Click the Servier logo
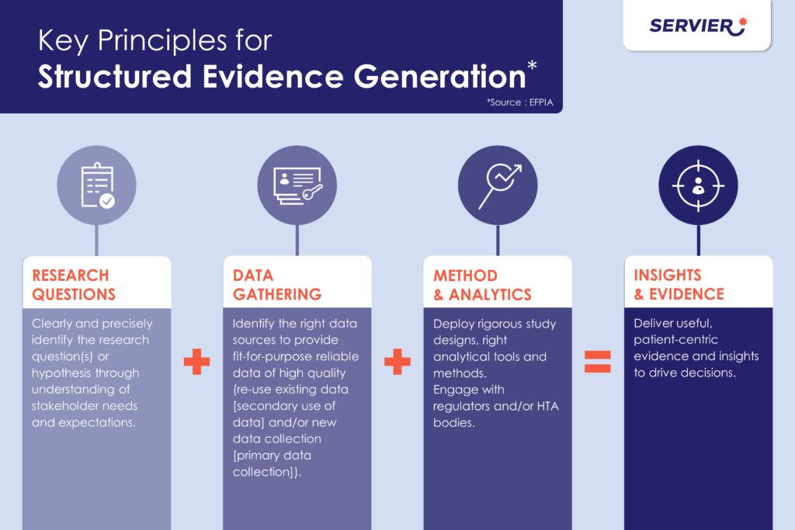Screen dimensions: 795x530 tap(698, 26)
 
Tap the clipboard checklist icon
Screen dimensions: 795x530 tap(97, 185)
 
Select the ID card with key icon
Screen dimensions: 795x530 tap(297, 186)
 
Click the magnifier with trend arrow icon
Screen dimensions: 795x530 tap(499, 185)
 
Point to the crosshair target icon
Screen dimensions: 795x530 tap(698, 185)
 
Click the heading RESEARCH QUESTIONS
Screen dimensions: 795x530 tap(74, 285)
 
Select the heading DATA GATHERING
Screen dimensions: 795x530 tap(277, 285)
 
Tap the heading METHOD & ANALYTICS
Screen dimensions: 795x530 tap(482, 285)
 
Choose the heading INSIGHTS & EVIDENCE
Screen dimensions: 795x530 tap(679, 284)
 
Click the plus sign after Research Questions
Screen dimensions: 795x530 tap(196, 362)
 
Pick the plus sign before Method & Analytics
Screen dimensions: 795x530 tap(397, 362)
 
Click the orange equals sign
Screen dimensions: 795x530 tap(598, 362)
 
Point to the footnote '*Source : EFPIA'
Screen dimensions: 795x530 tap(519, 102)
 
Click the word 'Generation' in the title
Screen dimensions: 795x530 tap(440, 77)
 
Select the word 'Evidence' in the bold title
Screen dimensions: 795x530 tap(273, 77)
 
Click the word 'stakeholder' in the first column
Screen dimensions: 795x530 tap(64, 406)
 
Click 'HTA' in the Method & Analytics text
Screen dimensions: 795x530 tap(547, 406)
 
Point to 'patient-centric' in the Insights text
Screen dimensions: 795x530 tap(676, 340)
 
